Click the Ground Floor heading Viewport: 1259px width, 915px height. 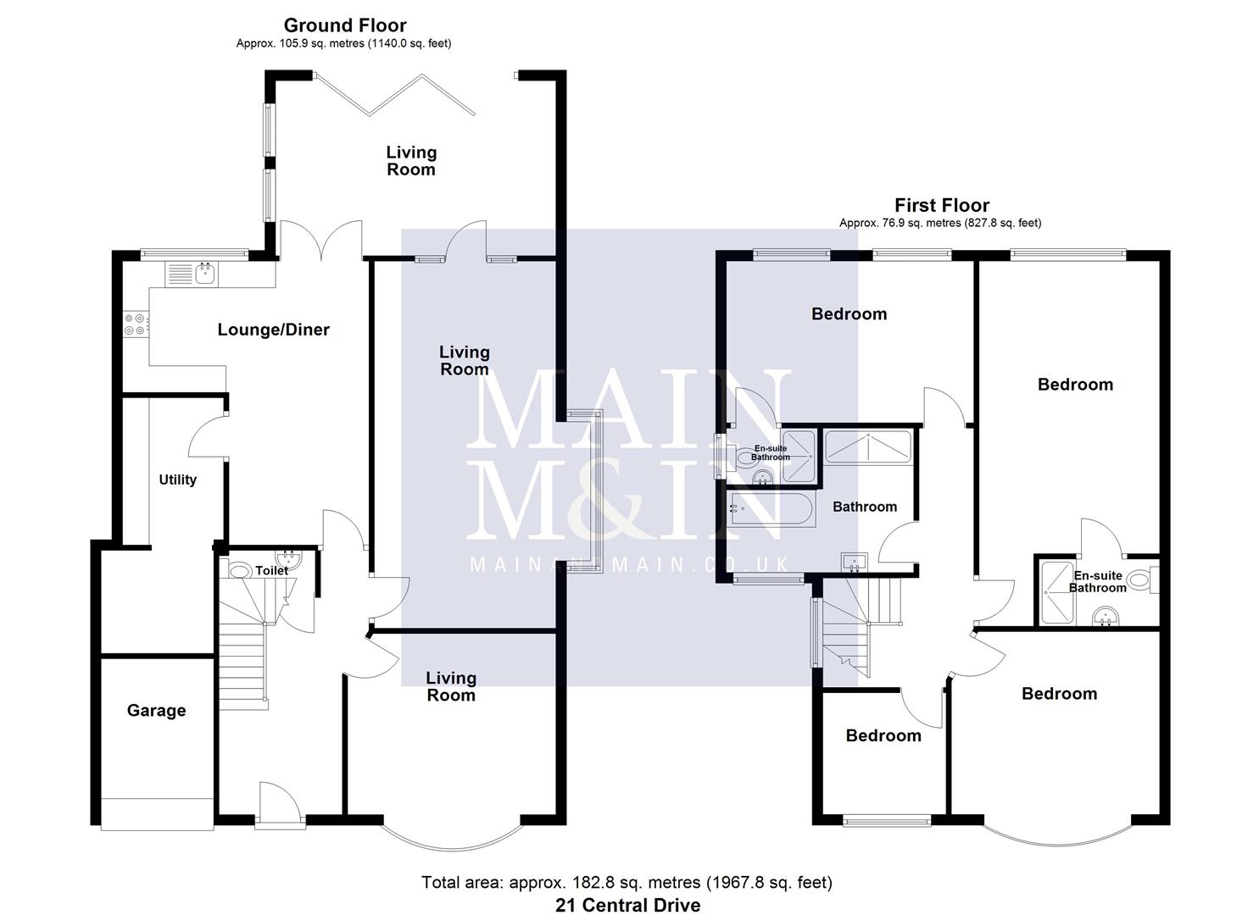[345, 25]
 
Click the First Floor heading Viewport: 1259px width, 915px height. [941, 205]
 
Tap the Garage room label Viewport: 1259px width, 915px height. [156, 711]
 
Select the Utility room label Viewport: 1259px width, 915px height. [178, 480]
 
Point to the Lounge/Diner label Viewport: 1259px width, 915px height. [273, 330]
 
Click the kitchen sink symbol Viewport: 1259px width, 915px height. [203, 273]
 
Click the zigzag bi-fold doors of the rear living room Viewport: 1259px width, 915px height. [394, 94]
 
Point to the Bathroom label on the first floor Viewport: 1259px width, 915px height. [864, 507]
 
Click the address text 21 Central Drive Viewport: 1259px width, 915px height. [627, 905]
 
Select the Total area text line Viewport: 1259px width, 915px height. [627, 883]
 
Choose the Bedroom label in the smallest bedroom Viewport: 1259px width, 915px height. [883, 735]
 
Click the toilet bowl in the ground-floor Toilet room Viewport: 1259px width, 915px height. [241, 572]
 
